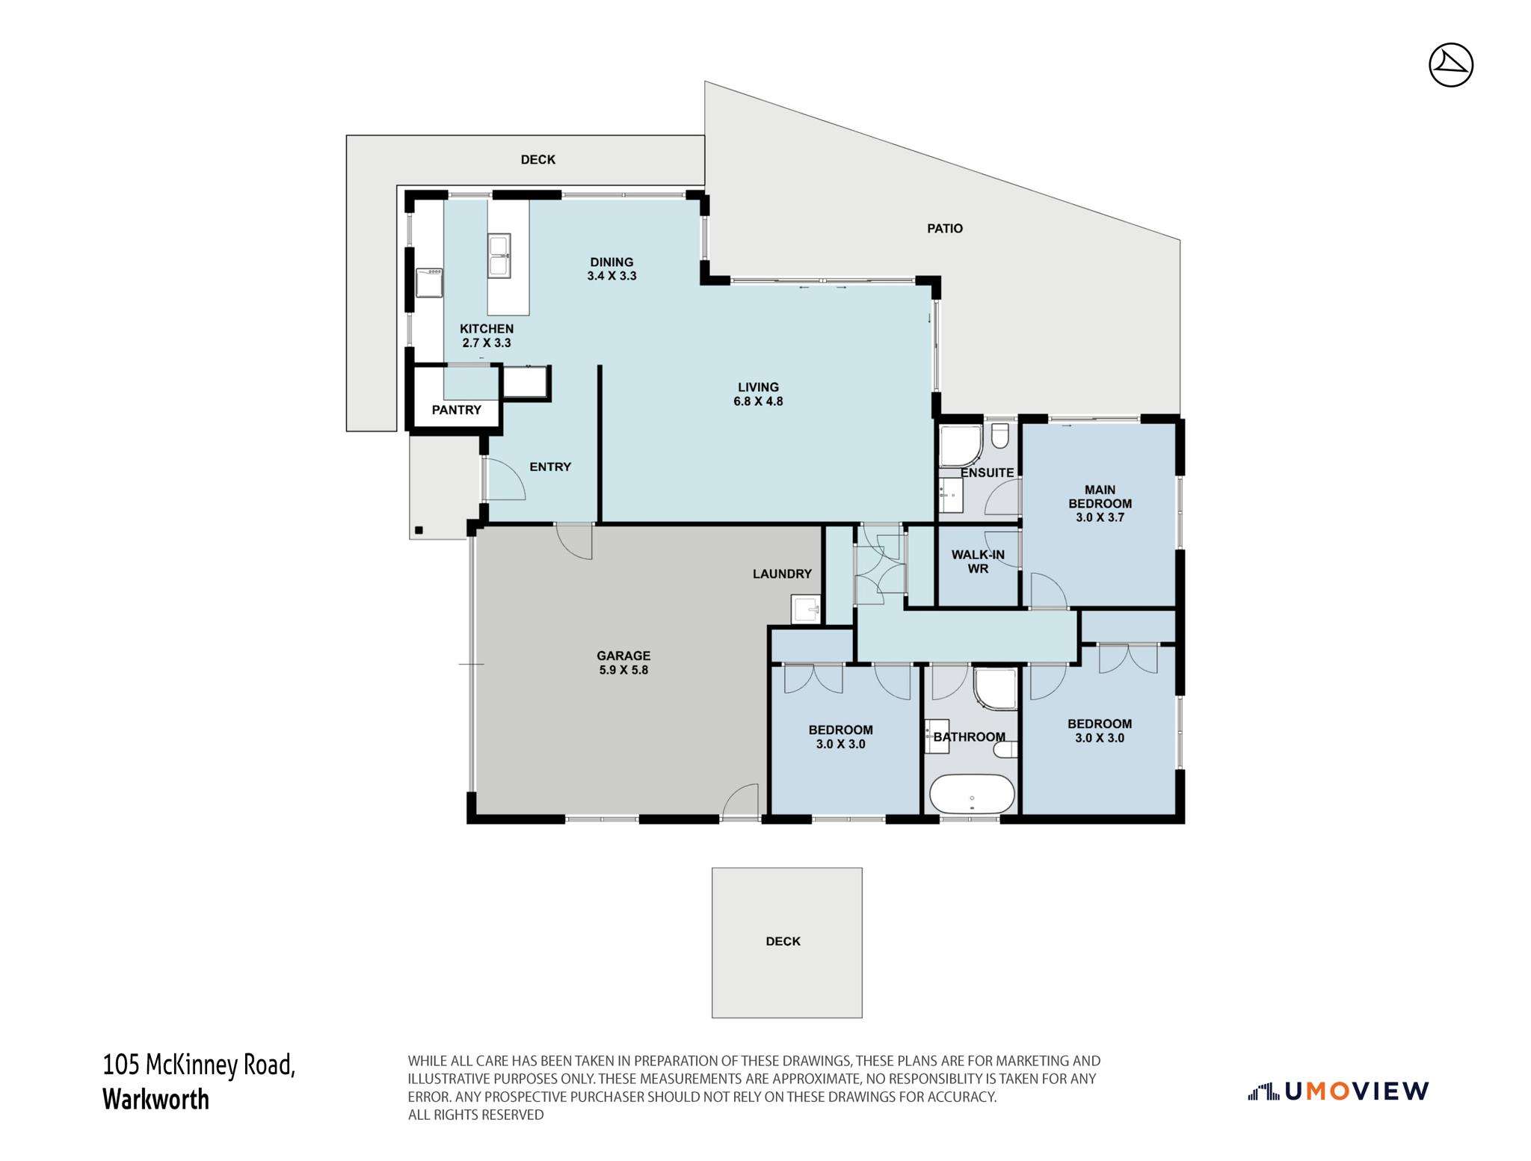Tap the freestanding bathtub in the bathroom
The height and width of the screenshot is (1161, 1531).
point(972,793)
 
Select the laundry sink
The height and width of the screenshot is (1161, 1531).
point(805,609)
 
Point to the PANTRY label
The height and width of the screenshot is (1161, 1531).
point(457,410)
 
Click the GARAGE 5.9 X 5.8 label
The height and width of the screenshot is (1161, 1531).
point(623,663)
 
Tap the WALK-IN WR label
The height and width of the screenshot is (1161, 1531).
point(978,561)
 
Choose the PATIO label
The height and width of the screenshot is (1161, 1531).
point(945,229)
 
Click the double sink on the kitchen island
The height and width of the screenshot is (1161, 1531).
point(499,255)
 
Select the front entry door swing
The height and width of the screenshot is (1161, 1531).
point(505,478)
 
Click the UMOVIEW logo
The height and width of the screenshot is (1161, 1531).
point(1338,1091)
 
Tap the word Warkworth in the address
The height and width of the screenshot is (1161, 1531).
point(155,1100)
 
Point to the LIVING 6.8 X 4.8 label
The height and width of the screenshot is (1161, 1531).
point(758,394)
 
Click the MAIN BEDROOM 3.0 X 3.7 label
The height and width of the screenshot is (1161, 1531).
point(1100,503)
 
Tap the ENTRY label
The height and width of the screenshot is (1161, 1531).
point(550,467)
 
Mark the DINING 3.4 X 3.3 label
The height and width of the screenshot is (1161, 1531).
point(612,269)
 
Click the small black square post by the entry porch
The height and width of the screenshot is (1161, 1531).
point(419,530)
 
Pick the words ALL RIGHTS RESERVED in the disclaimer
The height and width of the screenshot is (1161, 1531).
point(475,1115)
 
